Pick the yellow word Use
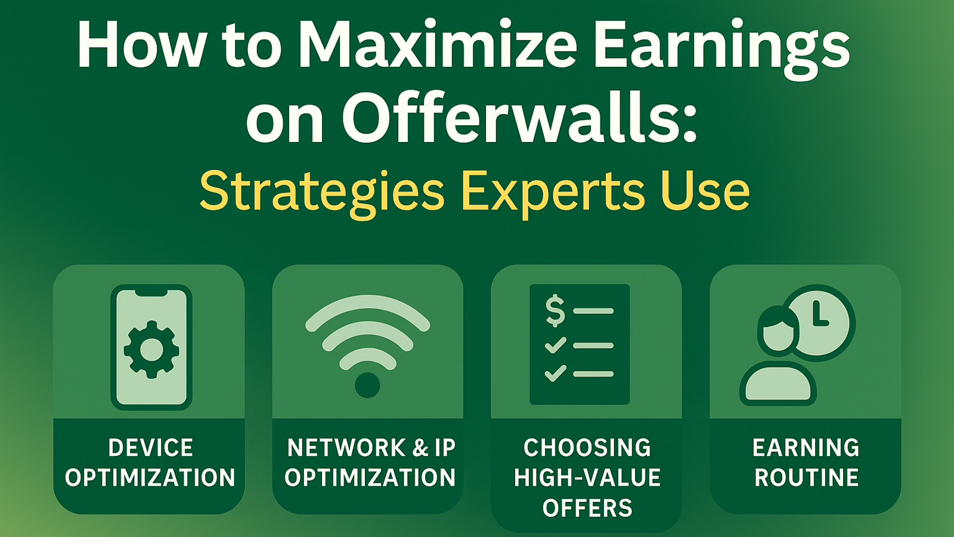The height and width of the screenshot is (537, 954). pyautogui.click(x=704, y=191)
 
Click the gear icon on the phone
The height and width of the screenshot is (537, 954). pyautogui.click(x=151, y=349)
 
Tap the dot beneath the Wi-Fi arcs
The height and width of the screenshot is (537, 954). pyautogui.click(x=367, y=385)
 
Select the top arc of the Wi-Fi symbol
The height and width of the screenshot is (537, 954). pyautogui.click(x=367, y=308)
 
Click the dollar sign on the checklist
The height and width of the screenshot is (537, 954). pyautogui.click(x=555, y=311)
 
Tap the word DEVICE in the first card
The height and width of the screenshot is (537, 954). pyautogui.click(x=151, y=447)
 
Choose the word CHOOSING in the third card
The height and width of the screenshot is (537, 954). pyautogui.click(x=587, y=447)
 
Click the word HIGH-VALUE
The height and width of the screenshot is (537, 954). pyautogui.click(x=587, y=477)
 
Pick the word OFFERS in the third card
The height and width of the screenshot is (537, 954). pyautogui.click(x=587, y=508)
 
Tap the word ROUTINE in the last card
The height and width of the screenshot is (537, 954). pyautogui.click(x=806, y=477)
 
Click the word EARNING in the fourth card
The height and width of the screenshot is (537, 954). pyautogui.click(x=806, y=447)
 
